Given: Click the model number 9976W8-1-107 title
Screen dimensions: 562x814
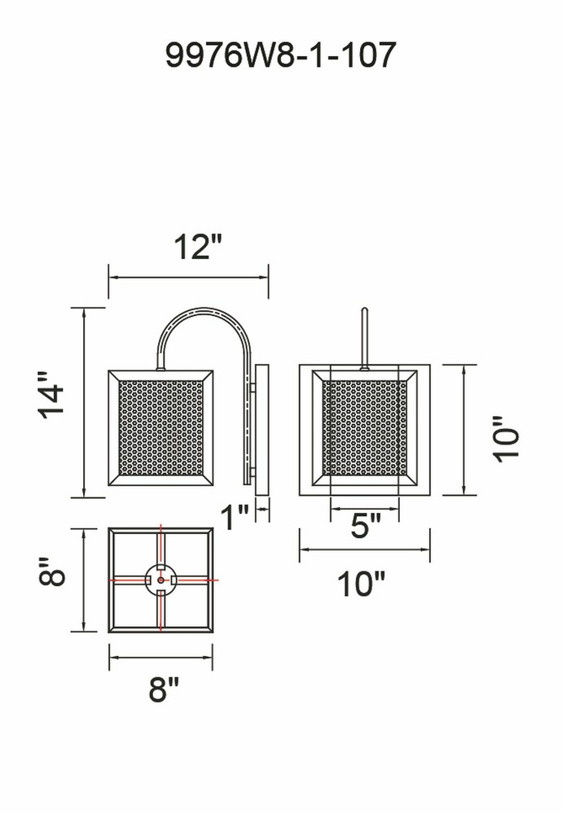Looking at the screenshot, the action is pos(280,55).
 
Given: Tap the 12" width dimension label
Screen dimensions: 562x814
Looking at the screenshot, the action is pos(198,247).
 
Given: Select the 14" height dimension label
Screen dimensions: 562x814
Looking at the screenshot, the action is pos(50,395).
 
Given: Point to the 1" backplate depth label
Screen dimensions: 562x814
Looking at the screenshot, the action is pos(235,517).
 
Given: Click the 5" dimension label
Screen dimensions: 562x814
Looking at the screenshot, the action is pos(366,526).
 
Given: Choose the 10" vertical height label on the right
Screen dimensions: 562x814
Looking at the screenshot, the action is pos(506,439).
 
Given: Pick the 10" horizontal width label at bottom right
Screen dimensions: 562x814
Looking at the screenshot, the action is pos(362,584).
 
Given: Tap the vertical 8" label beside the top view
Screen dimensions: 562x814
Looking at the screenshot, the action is pos(52,571).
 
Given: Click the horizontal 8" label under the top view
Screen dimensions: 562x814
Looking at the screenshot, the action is pos(164,689).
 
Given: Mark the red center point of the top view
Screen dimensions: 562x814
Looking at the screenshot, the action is pos(160,580).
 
